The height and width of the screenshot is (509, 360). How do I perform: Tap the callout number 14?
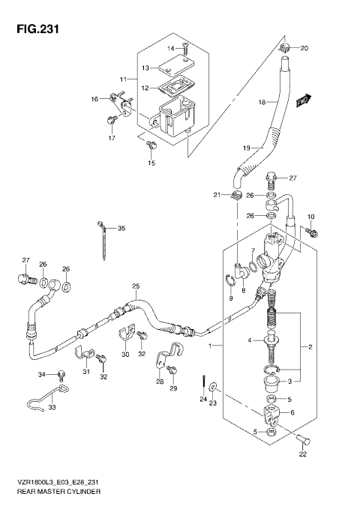(x=170, y=49)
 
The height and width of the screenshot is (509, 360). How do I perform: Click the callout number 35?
(x=121, y=228)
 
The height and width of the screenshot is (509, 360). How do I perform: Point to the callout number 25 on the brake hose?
(x=136, y=286)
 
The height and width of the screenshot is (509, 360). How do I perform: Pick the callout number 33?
(x=51, y=409)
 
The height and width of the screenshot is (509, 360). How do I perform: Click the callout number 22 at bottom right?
(x=303, y=452)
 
